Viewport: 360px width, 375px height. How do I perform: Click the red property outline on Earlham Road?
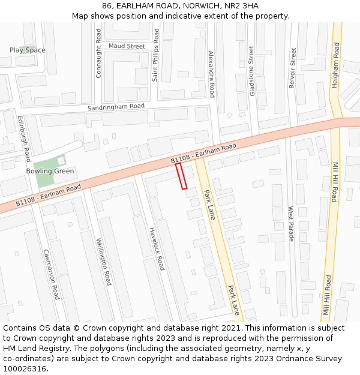tap(182, 176)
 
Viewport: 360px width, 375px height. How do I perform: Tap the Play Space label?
tap(27, 50)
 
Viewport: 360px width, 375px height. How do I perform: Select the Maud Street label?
tap(127, 46)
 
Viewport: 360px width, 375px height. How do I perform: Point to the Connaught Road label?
tap(99, 53)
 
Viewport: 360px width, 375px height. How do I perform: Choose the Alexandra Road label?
tap(211, 74)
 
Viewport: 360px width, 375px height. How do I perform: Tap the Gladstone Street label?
tap(251, 71)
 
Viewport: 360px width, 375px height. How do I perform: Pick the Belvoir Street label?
tap(293, 68)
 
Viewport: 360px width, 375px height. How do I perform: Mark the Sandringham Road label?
tap(116, 107)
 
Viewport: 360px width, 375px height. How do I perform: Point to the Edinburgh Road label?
tap(23, 139)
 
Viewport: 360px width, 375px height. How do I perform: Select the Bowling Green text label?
tap(50, 171)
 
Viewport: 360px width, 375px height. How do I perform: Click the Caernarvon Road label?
tap(51, 275)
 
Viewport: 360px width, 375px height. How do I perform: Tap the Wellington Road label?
tap(104, 262)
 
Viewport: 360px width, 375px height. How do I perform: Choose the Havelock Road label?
tap(157, 248)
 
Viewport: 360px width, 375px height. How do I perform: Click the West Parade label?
tap(291, 224)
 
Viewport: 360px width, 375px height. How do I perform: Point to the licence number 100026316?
tap(25, 368)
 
